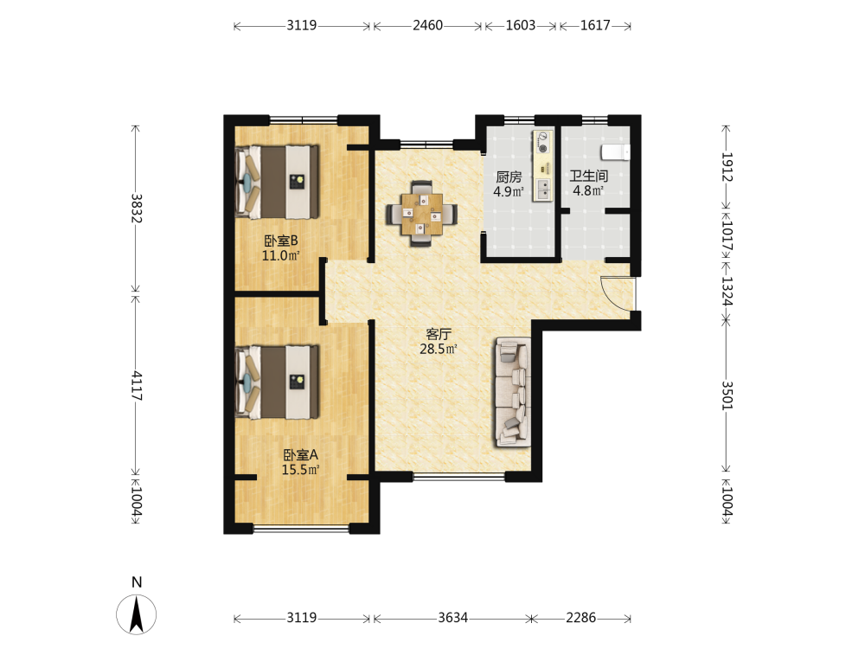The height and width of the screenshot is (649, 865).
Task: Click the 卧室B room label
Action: pyautogui.click(x=281, y=241)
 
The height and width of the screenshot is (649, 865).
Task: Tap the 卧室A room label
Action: pyautogui.click(x=301, y=455)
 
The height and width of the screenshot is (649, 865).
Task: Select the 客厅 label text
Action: pyautogui.click(x=439, y=334)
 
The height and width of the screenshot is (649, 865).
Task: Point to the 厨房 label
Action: pyautogui.click(x=509, y=177)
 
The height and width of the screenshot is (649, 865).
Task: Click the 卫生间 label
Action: pyautogui.click(x=588, y=176)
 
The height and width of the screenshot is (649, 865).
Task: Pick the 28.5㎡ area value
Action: pyautogui.click(x=439, y=349)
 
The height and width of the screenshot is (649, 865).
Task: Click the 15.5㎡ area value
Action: pyautogui.click(x=301, y=470)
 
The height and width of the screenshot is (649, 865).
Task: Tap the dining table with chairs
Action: pyautogui.click(x=421, y=213)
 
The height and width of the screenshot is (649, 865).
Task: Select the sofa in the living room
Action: pyautogui.click(x=513, y=392)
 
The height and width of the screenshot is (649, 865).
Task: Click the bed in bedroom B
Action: pyautogui.click(x=278, y=182)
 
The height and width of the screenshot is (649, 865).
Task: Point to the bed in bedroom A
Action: pyautogui.click(x=278, y=382)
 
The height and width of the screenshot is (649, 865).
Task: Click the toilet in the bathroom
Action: pyautogui.click(x=615, y=151)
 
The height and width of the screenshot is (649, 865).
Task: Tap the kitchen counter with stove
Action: pyautogui.click(x=543, y=166)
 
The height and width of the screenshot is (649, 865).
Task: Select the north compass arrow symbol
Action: pyautogui.click(x=137, y=614)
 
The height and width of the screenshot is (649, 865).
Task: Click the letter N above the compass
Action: pyautogui.click(x=137, y=582)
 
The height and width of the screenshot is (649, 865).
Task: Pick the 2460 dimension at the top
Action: pyautogui.click(x=427, y=25)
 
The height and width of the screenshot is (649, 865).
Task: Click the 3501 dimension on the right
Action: pyautogui.click(x=727, y=395)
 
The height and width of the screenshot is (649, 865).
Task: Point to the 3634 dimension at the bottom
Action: pyautogui.click(x=453, y=618)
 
